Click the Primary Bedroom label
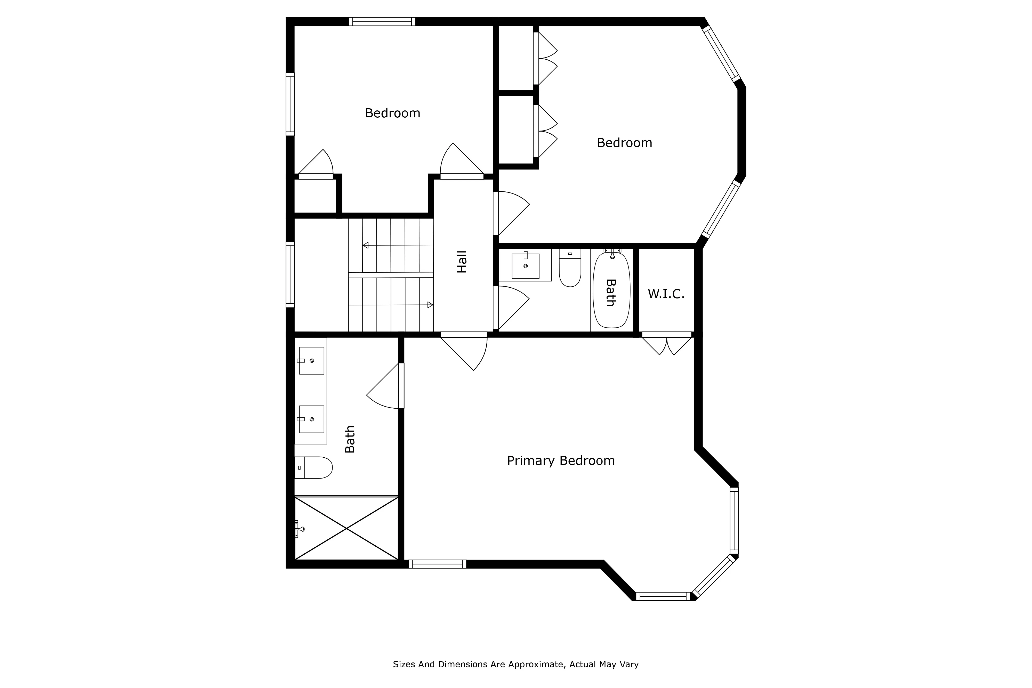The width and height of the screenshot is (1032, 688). pos(560,461)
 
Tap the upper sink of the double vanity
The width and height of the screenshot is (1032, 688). pos(311,361)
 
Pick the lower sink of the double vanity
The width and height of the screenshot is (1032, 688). pos(311,419)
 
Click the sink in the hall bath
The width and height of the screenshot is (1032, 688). pos(525,266)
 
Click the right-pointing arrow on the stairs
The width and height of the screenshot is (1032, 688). pos(430,304)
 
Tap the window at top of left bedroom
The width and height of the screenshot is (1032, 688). pos(382,21)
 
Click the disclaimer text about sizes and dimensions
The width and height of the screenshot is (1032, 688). pos(515,664)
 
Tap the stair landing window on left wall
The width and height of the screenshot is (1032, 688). pos(290,274)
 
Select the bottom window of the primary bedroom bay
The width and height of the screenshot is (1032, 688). pos(663,596)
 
